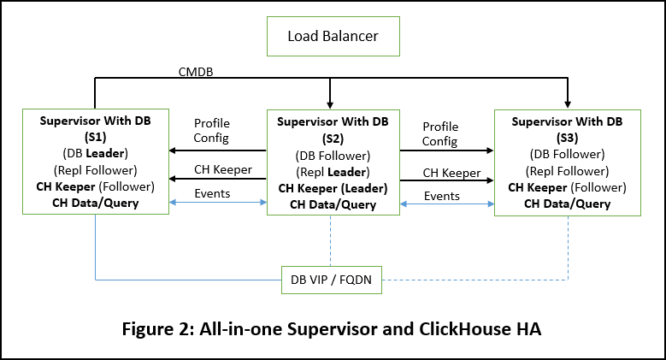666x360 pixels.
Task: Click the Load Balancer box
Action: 333,36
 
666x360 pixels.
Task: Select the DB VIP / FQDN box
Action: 332,280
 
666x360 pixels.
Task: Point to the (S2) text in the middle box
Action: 333,139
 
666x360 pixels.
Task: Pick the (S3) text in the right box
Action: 567,137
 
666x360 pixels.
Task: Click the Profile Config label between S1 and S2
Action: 212,131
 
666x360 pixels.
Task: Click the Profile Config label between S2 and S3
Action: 440,133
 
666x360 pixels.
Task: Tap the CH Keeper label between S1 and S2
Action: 223,169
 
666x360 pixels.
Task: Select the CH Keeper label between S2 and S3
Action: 452,173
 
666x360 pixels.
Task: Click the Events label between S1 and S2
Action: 213,193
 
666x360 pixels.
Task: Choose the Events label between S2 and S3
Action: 441,196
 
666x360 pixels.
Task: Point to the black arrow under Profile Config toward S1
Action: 217,150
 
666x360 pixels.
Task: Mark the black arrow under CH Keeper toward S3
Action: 446,181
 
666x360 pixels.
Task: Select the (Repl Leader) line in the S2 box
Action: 333,171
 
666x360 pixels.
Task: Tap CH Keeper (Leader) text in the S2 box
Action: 333,188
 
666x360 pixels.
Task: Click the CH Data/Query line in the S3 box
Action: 567,204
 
